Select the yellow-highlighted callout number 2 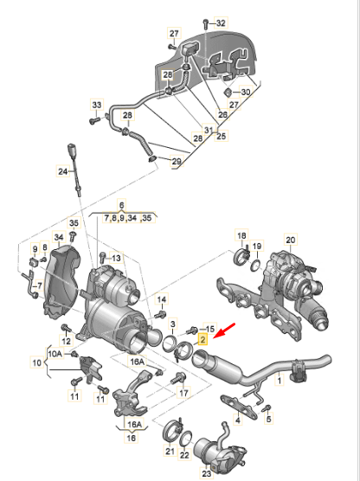click(202, 341)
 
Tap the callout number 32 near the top click(220, 22)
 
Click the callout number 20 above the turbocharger click(290, 240)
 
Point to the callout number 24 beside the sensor click(62, 171)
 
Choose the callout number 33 click(96, 105)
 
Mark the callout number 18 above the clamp click(241, 236)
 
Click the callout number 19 click(256, 247)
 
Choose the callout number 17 click(183, 393)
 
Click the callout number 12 click(65, 330)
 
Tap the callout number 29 click(177, 162)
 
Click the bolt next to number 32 click(204, 22)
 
